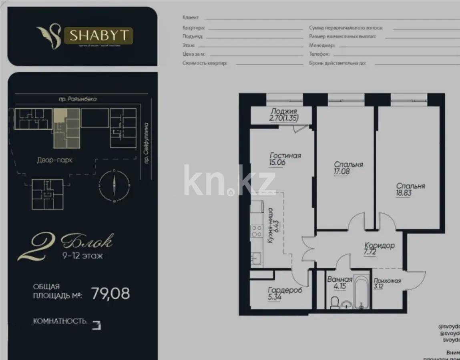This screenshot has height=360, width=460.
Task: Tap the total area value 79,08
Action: pos(110,294)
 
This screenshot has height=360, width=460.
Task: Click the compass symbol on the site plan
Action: pos(114,185)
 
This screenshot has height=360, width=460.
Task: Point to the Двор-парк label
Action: pos(54,160)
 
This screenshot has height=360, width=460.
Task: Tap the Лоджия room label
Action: pos(283,112)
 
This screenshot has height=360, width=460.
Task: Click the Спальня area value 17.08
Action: pos(342,172)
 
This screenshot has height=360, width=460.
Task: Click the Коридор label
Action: pos(379,246)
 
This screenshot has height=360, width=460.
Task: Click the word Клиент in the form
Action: pos(190,18)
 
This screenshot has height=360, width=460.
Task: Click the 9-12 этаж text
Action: pos(82,256)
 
